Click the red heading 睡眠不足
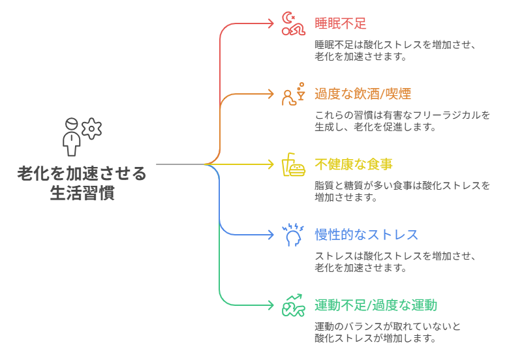340,23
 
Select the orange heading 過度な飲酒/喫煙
363,93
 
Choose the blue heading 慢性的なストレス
366,235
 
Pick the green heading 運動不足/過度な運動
375,305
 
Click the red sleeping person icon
294,23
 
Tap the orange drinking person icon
294,94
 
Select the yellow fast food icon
294,164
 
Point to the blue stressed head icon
294,235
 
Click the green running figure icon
294,305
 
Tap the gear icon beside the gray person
92,128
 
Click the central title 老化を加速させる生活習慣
82,183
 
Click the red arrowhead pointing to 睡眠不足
271,23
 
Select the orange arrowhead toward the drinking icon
271,94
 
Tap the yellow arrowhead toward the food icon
271,164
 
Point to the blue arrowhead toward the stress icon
271,235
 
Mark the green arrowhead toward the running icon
271,305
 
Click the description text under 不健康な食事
401,191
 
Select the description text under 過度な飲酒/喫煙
401,121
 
